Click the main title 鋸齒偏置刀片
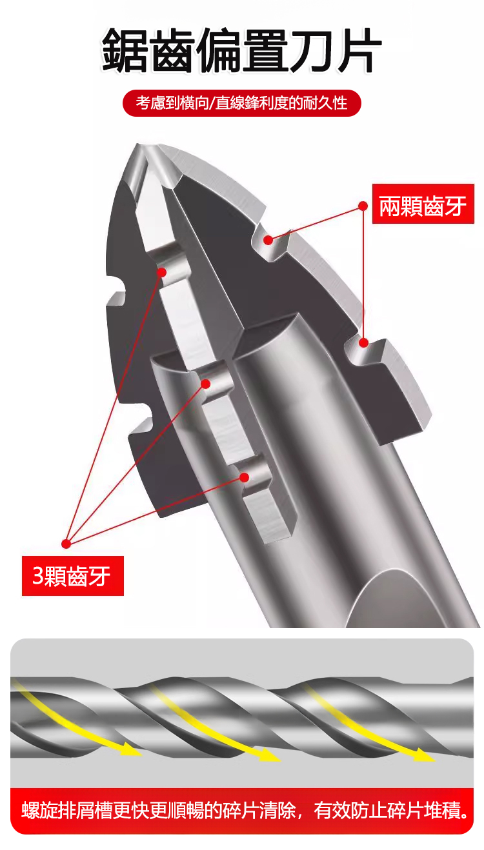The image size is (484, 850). (242, 50)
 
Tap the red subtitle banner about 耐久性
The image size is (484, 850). (242, 103)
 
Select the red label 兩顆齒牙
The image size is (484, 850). (423, 204)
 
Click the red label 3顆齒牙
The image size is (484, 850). (72, 576)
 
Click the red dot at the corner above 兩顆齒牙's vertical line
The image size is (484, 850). (363, 206)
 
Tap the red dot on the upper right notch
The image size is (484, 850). (268, 240)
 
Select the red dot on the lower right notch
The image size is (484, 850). (364, 342)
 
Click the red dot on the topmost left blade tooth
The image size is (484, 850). (162, 272)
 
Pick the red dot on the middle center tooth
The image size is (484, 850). (205, 384)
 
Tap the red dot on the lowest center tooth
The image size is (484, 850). (245, 477)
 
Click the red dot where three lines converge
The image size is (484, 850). (66, 544)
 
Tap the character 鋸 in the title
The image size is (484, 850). (125, 50)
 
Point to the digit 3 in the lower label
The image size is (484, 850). (38, 576)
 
